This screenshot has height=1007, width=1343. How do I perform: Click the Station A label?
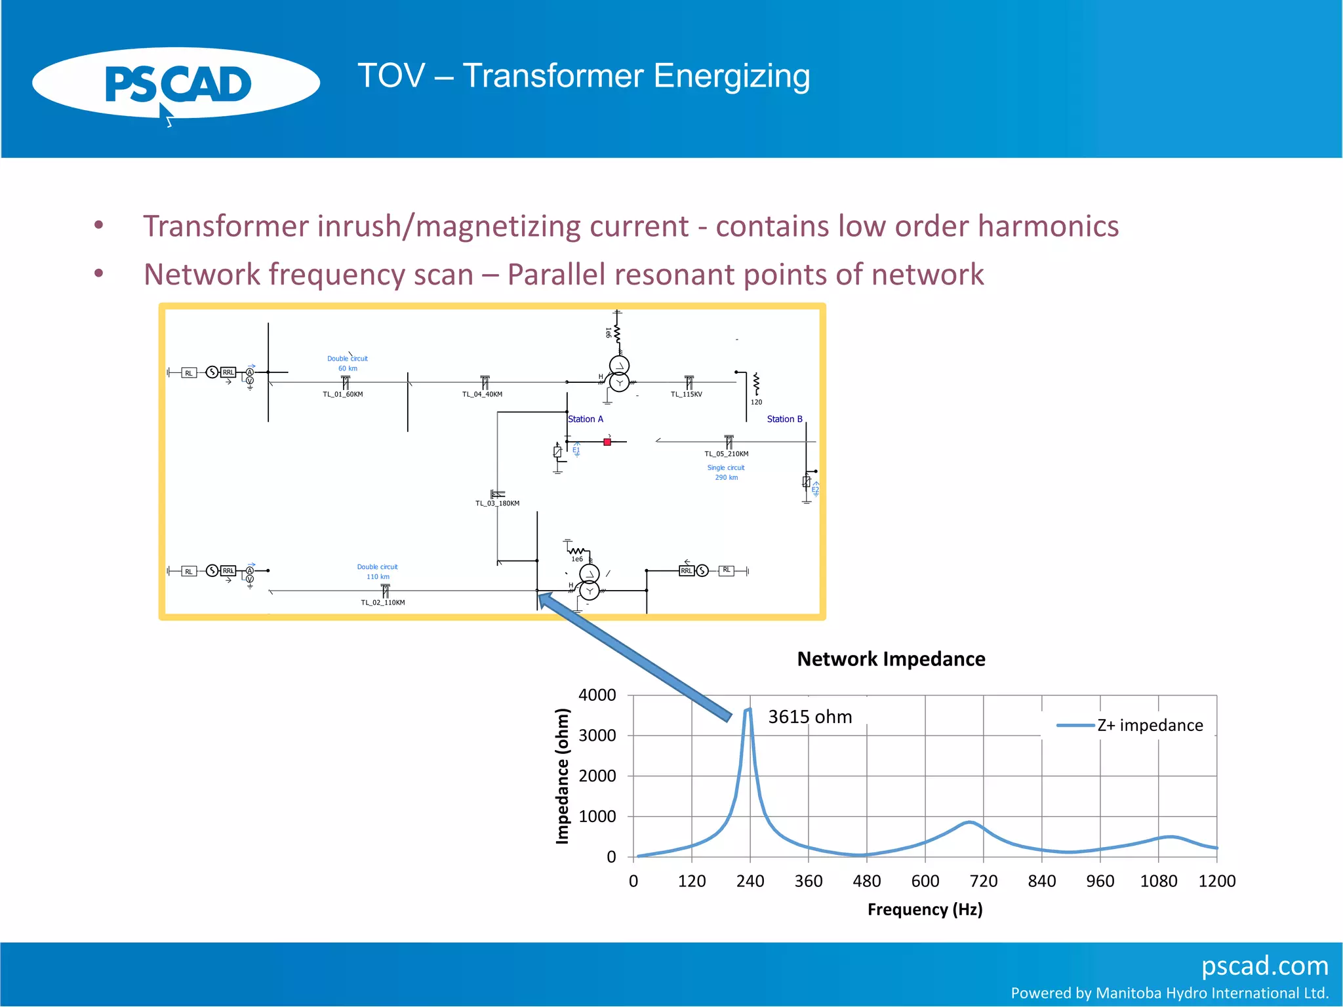point(586,420)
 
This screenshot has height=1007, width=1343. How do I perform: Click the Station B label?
point(784,420)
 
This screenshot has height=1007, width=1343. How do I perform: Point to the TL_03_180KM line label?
point(497,503)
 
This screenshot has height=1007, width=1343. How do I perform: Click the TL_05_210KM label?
point(726,454)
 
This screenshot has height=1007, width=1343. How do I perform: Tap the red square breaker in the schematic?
point(607,443)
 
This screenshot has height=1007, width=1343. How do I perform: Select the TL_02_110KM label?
point(383,602)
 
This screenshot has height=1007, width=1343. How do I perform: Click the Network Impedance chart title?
point(891,659)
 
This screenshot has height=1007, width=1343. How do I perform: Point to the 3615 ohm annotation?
point(810,717)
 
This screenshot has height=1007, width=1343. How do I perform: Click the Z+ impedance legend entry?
point(1150,725)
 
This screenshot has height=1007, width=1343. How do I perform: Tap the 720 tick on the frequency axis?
point(983,881)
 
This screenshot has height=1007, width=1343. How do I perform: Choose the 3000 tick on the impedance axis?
point(597,736)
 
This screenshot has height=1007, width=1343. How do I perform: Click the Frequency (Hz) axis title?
point(925,909)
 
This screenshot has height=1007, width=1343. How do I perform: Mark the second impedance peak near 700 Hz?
point(970,822)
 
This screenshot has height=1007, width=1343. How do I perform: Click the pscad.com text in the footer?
point(1264,966)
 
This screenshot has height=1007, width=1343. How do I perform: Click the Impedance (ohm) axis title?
point(562,776)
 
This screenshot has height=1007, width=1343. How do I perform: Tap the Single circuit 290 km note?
point(726,473)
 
